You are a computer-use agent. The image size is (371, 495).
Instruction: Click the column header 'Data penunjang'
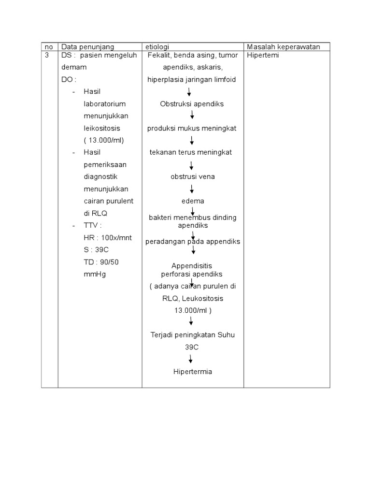pos(87,46)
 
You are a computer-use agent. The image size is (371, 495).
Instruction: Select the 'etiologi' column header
pos(157,46)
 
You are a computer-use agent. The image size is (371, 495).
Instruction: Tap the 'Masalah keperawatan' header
pos(287,46)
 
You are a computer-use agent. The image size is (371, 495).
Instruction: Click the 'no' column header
pos(49,46)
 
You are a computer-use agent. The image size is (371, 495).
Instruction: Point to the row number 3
pos(47,55)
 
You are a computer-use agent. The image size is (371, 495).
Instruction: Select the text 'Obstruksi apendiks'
pos(192,104)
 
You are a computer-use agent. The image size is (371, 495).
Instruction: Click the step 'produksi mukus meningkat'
pos(192,128)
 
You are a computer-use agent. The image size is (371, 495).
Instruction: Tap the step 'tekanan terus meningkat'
pos(191,152)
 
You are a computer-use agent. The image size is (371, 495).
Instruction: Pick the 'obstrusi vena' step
pos(192,176)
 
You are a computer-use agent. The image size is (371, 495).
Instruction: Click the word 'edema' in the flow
pos(192,201)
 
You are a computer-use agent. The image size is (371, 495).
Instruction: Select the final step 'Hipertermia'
pos(192,372)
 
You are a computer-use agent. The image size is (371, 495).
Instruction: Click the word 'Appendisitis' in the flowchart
pos(192,266)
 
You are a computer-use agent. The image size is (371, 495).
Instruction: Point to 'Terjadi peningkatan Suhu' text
pos(192,335)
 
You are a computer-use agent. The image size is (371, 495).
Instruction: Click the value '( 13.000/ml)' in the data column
pos(104,140)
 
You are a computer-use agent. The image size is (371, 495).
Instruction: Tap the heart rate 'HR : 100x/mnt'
pos(108,238)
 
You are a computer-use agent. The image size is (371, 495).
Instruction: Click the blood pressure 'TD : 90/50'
pos(102,262)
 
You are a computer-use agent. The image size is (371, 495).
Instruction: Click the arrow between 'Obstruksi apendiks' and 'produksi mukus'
pos(192,116)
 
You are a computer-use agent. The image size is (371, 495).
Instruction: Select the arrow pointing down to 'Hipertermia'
pos(191,359)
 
